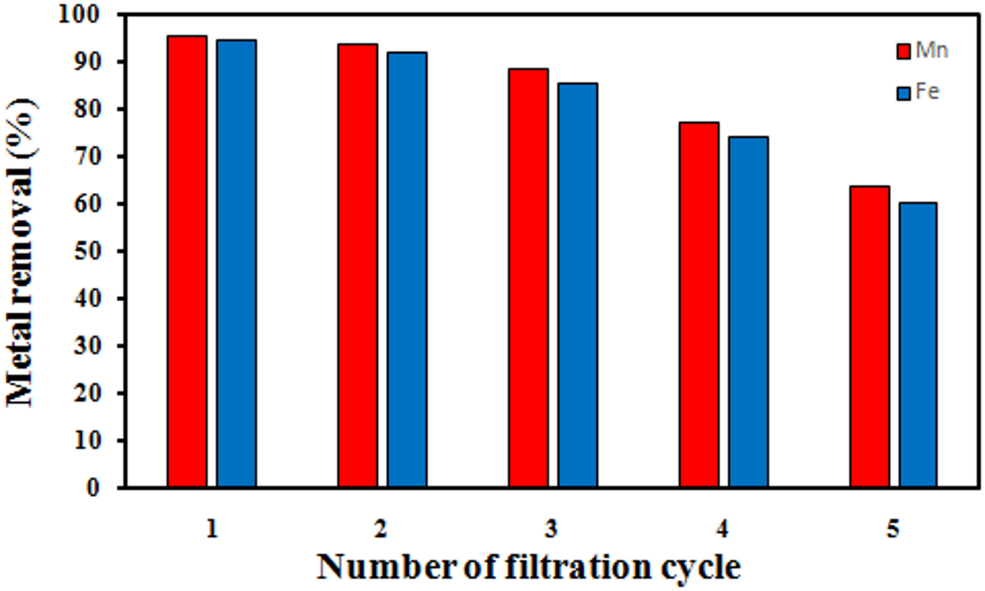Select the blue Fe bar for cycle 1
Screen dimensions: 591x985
click(x=236, y=264)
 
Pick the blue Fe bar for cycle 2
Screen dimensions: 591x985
click(x=407, y=269)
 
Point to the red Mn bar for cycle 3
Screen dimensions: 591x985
click(x=528, y=277)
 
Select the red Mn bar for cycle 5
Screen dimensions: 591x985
click(x=869, y=337)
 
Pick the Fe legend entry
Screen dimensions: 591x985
click(x=919, y=92)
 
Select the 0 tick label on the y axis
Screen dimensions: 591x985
click(x=93, y=488)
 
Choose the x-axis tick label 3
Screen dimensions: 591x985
click(x=551, y=528)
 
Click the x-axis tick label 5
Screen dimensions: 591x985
click(x=893, y=528)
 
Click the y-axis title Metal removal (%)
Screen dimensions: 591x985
click(x=21, y=252)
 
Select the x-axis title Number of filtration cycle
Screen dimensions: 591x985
click(x=529, y=567)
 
